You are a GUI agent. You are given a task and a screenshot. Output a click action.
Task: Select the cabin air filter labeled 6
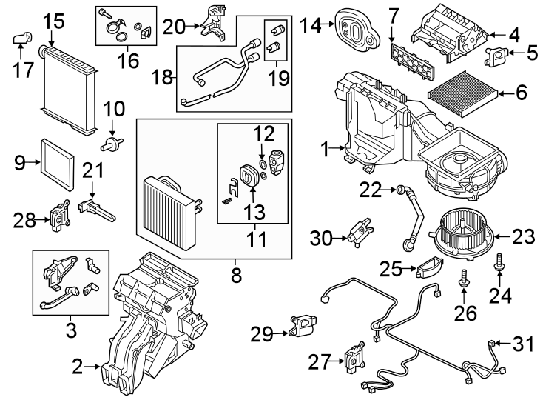[x=464, y=93]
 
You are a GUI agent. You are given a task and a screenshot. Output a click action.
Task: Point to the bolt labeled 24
[x=499, y=260]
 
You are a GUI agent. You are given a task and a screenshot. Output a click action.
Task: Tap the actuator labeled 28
[x=57, y=216]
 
